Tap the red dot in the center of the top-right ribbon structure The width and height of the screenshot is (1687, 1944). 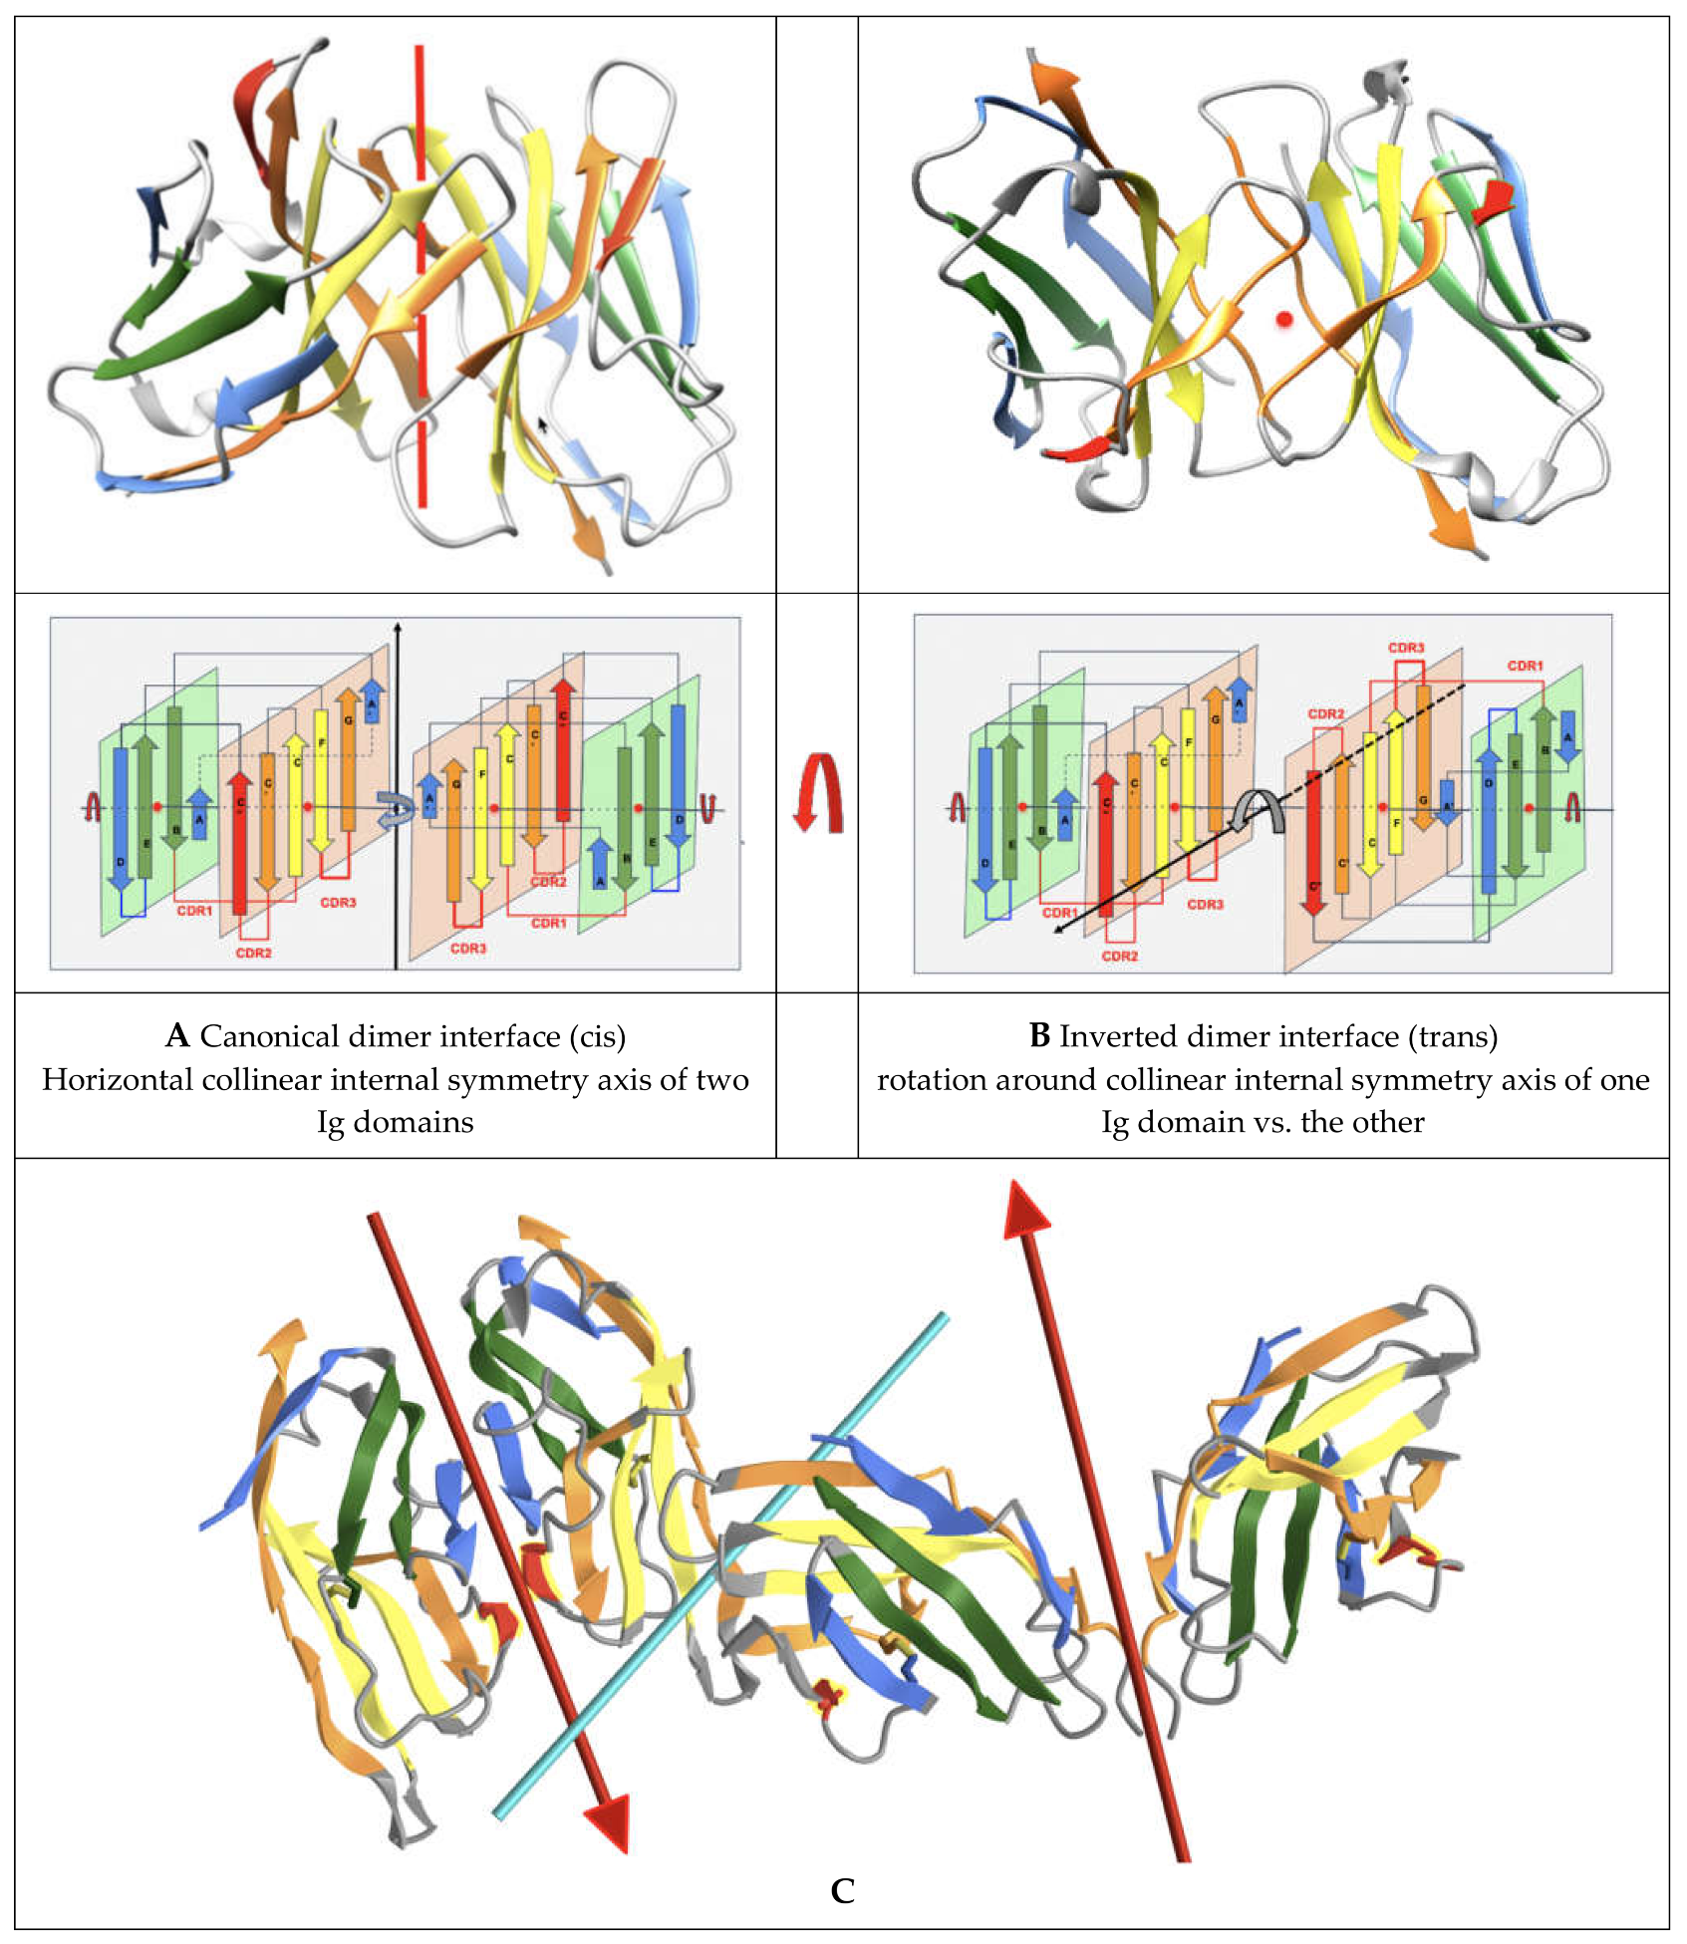pos(1284,319)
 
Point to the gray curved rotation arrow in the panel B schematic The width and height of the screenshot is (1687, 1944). pos(1259,809)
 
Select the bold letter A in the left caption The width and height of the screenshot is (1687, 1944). pos(177,1036)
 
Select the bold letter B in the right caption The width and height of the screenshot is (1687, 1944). pos(1039,1036)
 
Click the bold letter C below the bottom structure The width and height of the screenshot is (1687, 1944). pos(842,1891)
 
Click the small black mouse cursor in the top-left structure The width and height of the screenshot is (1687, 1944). pos(543,424)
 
